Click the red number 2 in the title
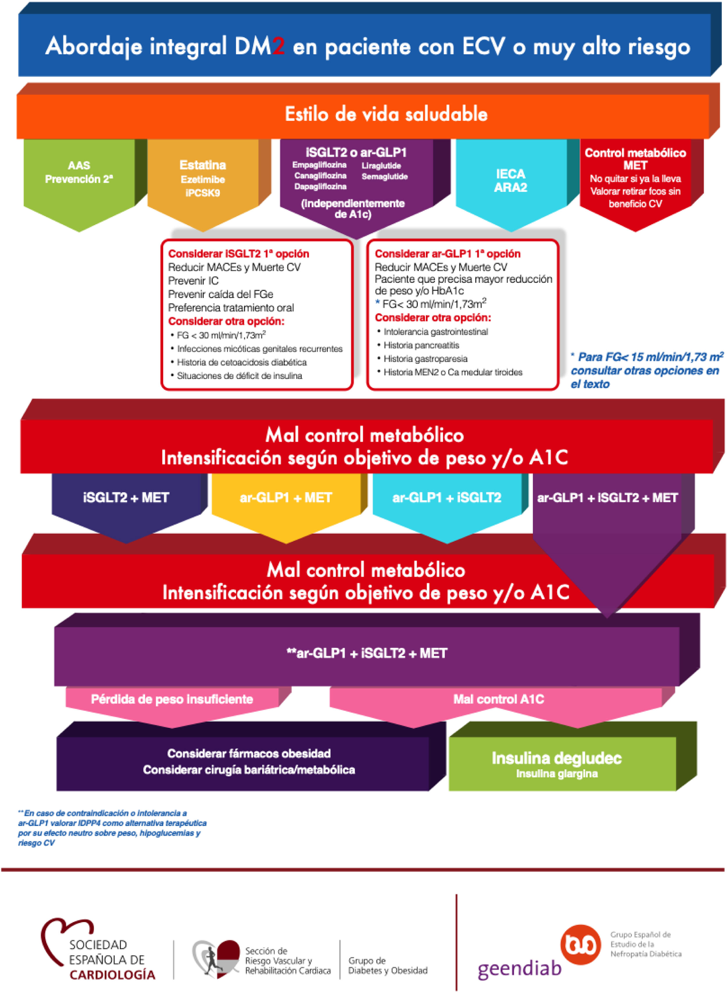(x=278, y=46)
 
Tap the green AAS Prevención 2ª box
(x=79, y=172)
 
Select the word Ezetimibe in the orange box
(x=203, y=180)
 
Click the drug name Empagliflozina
(x=319, y=165)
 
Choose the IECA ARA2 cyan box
(x=510, y=181)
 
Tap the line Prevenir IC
(x=193, y=281)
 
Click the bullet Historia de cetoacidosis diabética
(x=241, y=362)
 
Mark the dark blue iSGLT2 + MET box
(x=126, y=498)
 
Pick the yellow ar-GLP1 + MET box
(x=286, y=498)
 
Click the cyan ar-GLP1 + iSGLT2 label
(x=447, y=498)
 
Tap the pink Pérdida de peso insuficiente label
(x=172, y=699)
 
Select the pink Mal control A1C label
(x=499, y=699)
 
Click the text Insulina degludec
(x=556, y=758)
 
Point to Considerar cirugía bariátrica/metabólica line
(x=249, y=770)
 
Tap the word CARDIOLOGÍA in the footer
(x=112, y=974)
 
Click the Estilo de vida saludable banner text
(x=386, y=114)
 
